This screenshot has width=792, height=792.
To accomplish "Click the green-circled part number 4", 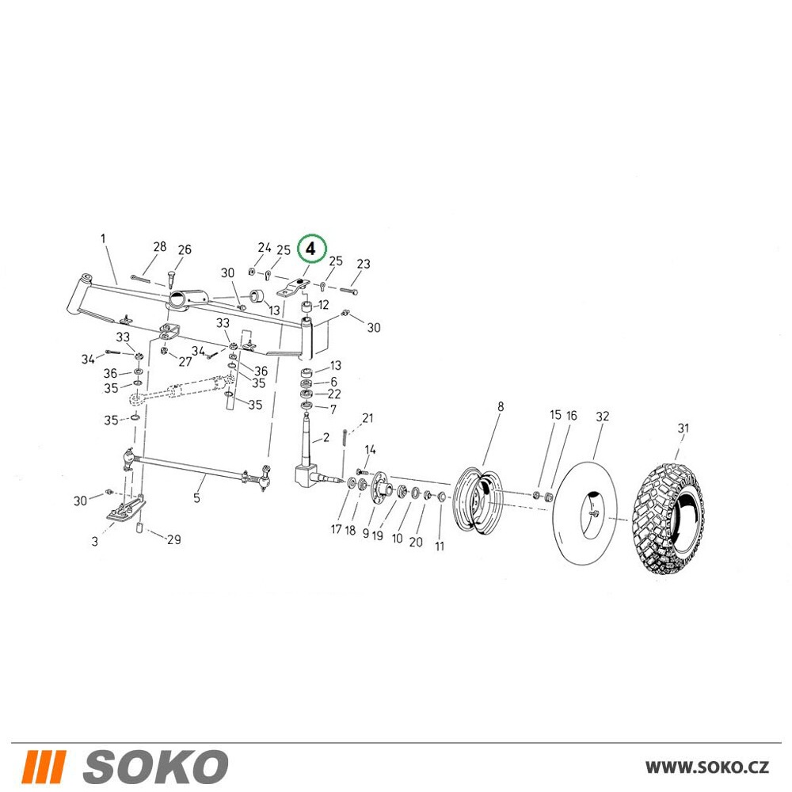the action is click(311, 249).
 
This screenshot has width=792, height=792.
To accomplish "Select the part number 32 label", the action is click(603, 417).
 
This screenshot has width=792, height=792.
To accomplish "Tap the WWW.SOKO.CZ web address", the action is click(707, 767).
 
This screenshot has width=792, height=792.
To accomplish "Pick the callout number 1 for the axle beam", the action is click(104, 238).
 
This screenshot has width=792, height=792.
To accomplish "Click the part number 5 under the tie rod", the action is click(196, 497).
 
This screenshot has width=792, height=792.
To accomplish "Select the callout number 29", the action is click(173, 539).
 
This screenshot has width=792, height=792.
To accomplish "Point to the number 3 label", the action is click(94, 542).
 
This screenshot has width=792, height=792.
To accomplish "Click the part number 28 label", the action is click(160, 246).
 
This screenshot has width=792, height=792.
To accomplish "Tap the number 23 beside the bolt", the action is click(364, 264).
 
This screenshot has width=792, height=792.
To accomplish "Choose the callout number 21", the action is click(367, 418).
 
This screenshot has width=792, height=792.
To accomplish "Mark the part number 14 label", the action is click(370, 450).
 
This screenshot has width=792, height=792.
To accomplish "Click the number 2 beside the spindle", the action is click(326, 437).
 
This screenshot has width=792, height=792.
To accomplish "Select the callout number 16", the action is click(571, 415).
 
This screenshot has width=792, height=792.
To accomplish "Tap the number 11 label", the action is click(440, 546).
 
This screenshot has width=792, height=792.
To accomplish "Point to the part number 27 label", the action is click(185, 362).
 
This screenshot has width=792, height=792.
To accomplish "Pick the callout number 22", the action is click(334, 394).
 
